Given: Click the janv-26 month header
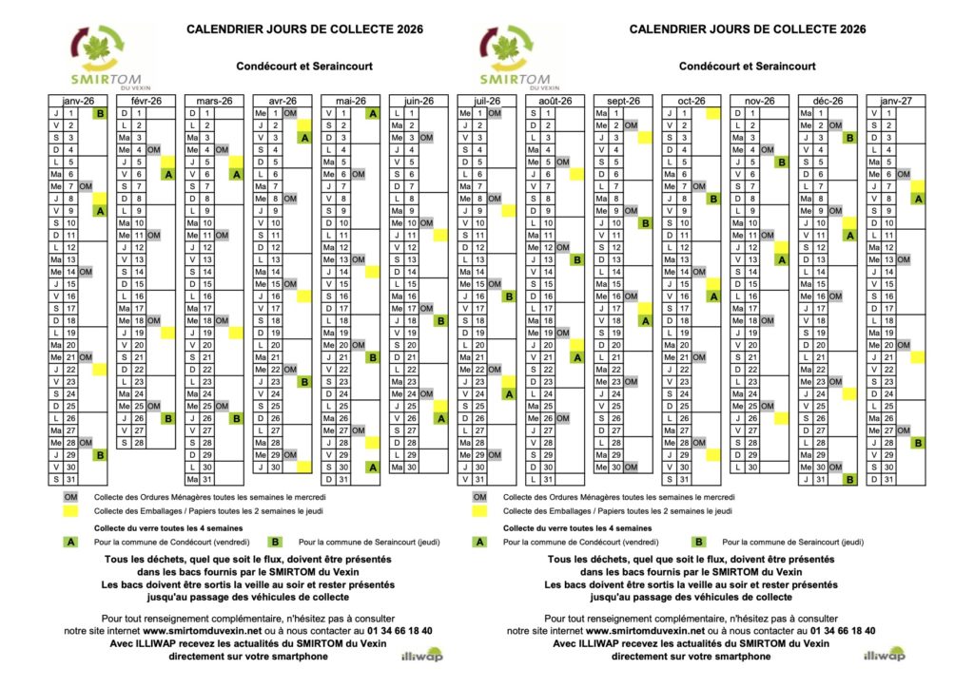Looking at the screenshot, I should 78,101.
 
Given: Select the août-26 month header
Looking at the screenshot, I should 555,101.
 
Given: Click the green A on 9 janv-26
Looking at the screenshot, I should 100,211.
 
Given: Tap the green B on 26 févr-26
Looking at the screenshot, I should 168,418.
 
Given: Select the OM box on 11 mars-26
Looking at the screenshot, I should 222,235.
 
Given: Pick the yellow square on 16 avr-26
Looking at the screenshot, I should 304,296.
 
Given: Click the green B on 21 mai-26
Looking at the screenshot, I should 373,357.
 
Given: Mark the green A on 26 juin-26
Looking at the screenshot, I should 440,418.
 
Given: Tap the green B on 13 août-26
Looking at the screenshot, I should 576,259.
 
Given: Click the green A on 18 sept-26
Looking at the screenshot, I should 645,321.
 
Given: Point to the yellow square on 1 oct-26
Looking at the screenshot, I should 712,113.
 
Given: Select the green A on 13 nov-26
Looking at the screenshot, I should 781,259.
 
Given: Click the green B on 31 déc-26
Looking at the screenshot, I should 849,479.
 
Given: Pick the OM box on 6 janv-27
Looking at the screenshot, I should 904,174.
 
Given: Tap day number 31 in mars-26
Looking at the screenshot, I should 207,479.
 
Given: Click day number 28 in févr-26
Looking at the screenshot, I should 139,443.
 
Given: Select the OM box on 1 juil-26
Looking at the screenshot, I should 495,113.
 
